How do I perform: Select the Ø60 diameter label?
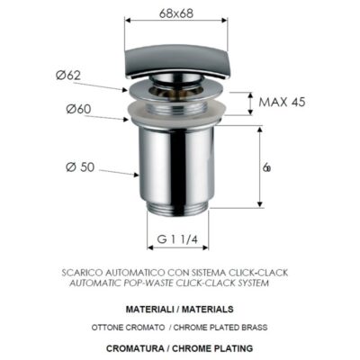[x=79, y=110]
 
